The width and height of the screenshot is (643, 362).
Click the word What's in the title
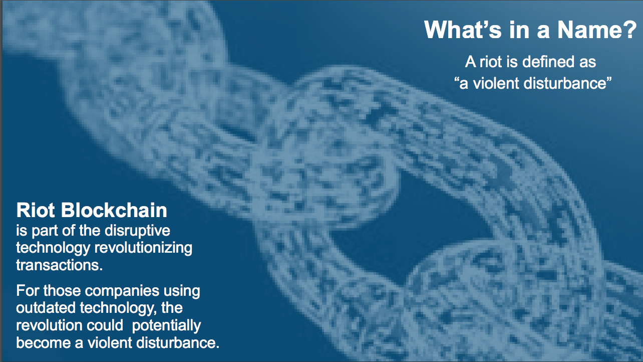point(462,30)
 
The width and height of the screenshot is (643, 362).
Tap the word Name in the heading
point(587,30)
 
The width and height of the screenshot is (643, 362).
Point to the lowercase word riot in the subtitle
point(491,62)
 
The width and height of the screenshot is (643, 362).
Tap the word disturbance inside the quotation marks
point(565,83)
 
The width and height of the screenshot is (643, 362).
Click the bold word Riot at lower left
point(36,210)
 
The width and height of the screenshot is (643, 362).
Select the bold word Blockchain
point(114,210)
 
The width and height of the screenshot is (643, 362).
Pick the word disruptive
point(137,231)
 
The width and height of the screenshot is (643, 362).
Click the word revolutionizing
point(144,248)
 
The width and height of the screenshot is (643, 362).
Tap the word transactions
point(59,265)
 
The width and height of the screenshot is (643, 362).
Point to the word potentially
point(166,325)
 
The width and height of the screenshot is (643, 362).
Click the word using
point(182,291)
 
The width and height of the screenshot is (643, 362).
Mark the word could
point(105,325)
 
